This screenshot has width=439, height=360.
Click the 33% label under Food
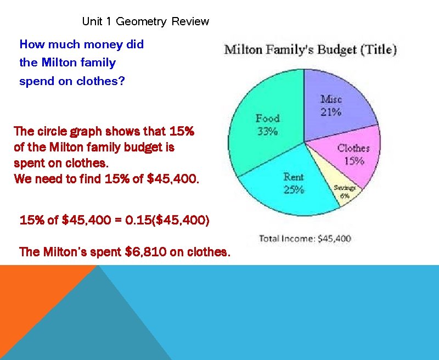(x=268, y=132)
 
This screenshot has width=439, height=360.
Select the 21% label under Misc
(x=331, y=112)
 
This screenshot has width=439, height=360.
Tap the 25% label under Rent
(x=294, y=190)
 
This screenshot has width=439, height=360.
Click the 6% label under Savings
(x=345, y=196)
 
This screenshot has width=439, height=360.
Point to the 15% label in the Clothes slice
(x=354, y=161)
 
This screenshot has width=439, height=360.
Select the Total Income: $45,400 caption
(x=305, y=239)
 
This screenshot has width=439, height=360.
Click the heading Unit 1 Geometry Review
(x=145, y=21)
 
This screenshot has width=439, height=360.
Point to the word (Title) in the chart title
(x=378, y=49)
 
